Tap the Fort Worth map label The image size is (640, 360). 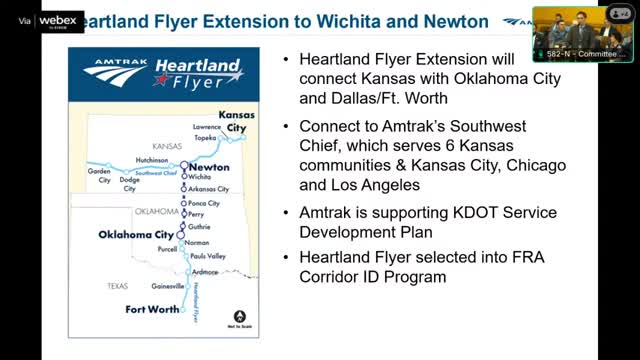coord(151,310)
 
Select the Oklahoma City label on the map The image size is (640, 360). coord(136,235)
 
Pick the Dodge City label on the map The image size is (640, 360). coord(130,184)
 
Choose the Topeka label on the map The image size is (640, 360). coord(206,138)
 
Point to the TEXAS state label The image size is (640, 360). coord(118,286)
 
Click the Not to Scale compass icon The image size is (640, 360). coord(239,305)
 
